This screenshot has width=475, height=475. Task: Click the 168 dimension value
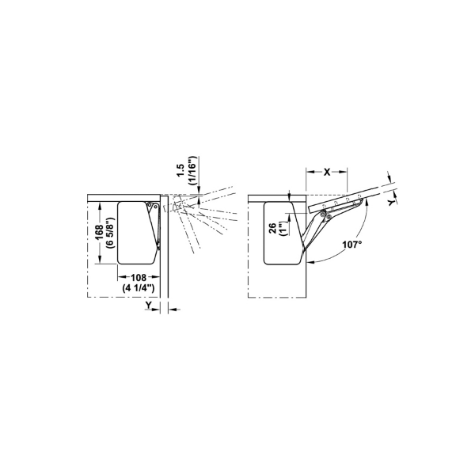[99, 233]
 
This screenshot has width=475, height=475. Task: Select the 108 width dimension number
[138, 277]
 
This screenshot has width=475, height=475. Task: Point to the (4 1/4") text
[139, 288]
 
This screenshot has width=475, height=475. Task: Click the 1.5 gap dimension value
[180, 170]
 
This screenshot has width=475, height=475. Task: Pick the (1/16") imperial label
[192, 170]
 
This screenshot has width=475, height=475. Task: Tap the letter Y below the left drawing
[148, 305]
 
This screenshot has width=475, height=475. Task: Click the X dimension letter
[327, 172]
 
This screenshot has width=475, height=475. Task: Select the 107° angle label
[352, 244]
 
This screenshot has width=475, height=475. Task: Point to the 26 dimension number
[272, 229]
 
